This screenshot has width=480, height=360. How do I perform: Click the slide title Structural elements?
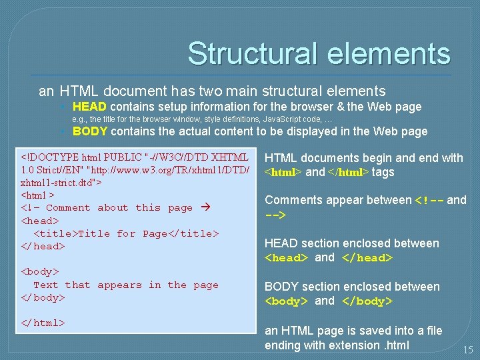[319, 53]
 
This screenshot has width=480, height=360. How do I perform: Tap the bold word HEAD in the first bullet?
[89, 107]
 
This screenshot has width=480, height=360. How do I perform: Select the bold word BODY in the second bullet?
[90, 131]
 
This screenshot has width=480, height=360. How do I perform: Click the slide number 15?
[467, 349]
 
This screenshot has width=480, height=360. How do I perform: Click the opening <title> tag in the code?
[55, 233]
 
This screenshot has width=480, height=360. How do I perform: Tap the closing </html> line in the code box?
[43, 323]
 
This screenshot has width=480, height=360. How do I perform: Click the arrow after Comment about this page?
[206, 207]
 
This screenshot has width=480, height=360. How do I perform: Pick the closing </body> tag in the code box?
[43, 297]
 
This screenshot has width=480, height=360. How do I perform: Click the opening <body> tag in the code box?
[40, 271]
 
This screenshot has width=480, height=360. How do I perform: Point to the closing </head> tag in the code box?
[43, 246]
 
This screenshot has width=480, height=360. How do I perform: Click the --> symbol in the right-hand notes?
[275, 215]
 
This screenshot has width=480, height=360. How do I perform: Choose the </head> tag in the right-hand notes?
[366, 258]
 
